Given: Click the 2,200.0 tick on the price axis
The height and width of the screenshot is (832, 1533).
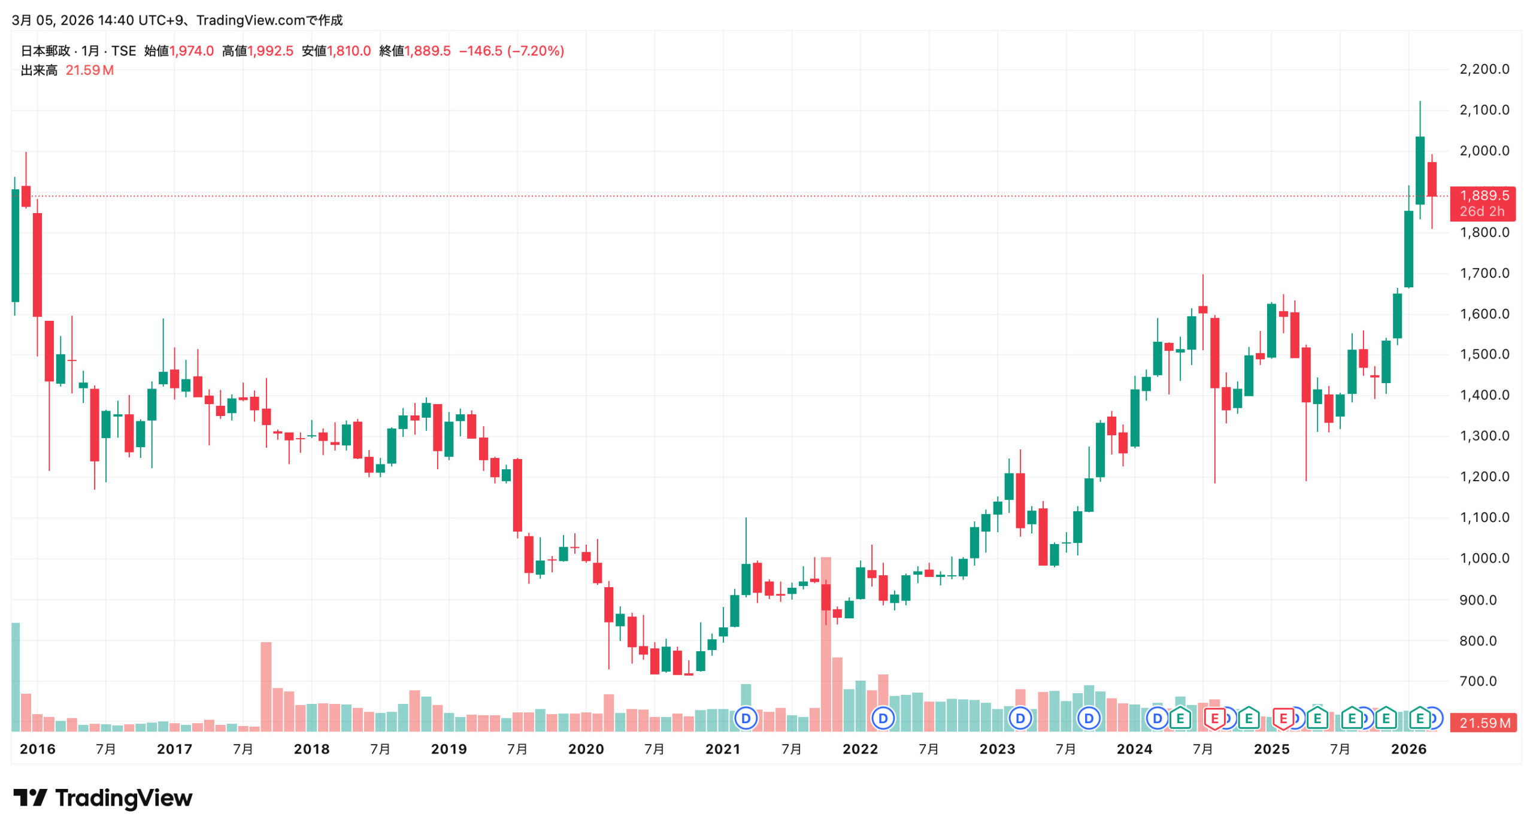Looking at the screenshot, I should pos(1484,69).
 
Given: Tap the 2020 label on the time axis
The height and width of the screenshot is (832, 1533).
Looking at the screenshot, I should pos(586,749).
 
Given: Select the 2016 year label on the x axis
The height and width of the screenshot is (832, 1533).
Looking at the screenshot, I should pos(37,749).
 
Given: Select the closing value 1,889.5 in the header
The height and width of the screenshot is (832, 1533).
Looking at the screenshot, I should pos(428,51).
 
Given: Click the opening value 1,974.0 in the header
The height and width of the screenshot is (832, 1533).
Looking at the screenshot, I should pos(192,51).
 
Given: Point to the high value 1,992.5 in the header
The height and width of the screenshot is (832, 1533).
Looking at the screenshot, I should pos(271,51).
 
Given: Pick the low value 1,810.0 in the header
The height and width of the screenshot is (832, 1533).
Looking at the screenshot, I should pos(349,51).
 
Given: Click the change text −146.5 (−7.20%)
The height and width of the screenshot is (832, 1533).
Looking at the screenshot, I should pos(511,51).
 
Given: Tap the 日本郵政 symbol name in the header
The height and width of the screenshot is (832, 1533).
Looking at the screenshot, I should pos(46,51).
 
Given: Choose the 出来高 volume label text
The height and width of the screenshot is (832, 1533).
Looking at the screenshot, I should pos(39,71).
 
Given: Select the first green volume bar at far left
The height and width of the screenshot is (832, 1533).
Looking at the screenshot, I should pos(16,676).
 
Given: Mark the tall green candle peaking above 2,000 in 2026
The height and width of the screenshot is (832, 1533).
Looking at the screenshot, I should pos(1420,171).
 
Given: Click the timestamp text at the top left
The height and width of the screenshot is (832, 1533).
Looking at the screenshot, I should pos(177,20).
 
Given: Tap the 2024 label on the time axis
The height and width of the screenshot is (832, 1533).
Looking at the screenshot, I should pos(1134,749).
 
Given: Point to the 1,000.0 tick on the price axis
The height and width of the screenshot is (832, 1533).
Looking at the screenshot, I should pos(1484,558).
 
